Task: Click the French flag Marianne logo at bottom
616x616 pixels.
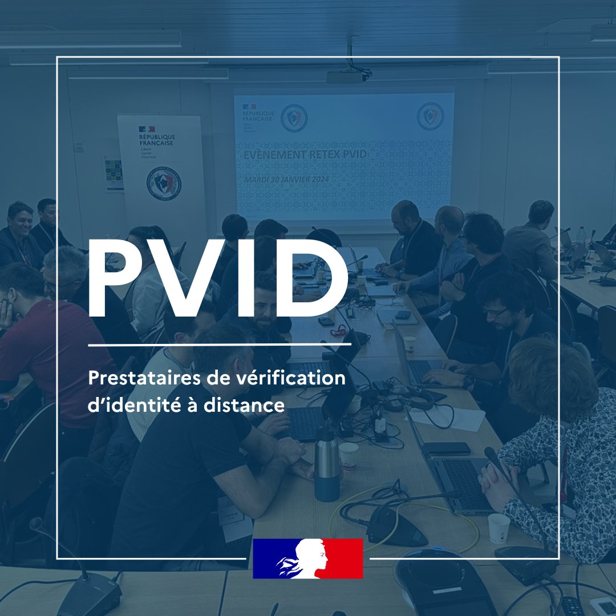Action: pyautogui.click(x=308, y=558)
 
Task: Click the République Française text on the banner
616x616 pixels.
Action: pyautogui.click(x=157, y=140)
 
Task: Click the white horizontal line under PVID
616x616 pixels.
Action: pyautogui.click(x=220, y=345)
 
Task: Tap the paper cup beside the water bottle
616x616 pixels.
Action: pyautogui.click(x=348, y=456)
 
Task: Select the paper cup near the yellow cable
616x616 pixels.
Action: pyautogui.click(x=499, y=528)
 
